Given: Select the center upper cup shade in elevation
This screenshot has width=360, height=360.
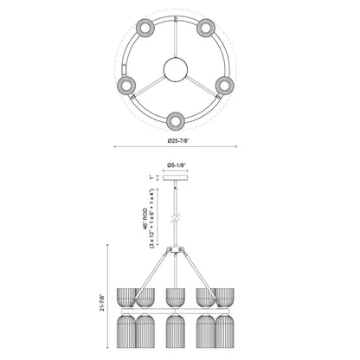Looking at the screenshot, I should tap(179, 295).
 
